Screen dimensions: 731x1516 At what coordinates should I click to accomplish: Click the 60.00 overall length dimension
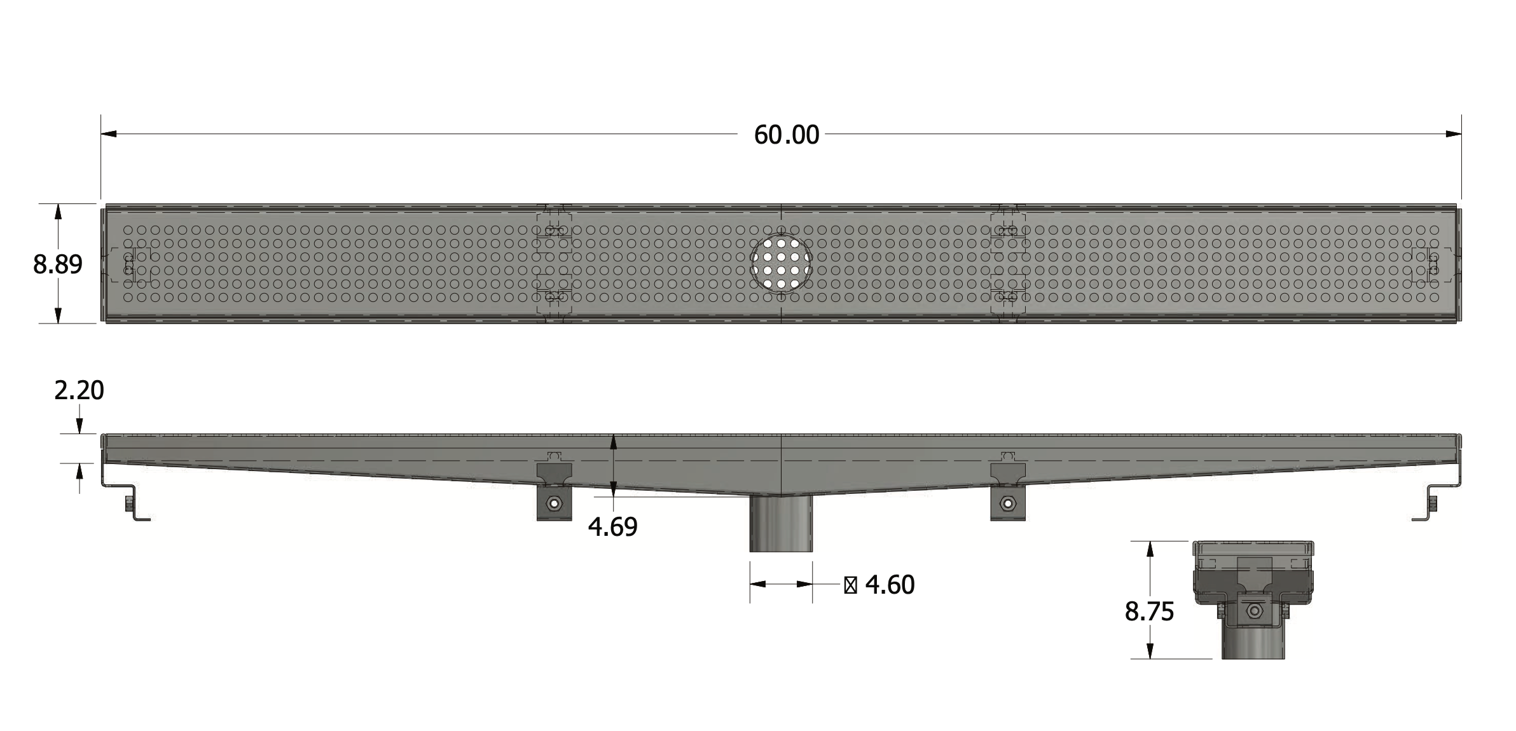coord(786,135)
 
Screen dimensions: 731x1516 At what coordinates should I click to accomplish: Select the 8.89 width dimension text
coord(58,264)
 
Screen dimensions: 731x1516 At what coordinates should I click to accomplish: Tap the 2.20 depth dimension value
coord(79,390)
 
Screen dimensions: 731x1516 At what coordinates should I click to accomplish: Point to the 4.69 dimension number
coord(612,527)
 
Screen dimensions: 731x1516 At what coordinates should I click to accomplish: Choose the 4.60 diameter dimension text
coord(890,585)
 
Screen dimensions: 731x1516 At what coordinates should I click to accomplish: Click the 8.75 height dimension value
coord(1149,611)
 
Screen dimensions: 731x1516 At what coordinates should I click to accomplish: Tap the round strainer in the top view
coord(781,264)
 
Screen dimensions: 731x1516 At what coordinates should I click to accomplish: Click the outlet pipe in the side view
coord(781,524)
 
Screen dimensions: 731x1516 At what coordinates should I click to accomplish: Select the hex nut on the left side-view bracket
coord(555,504)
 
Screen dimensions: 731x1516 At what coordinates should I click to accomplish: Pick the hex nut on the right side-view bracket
coord(1007,504)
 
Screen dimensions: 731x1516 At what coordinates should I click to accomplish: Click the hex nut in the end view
coord(1254,611)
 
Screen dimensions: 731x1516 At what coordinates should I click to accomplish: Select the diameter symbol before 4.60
coord(850,585)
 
